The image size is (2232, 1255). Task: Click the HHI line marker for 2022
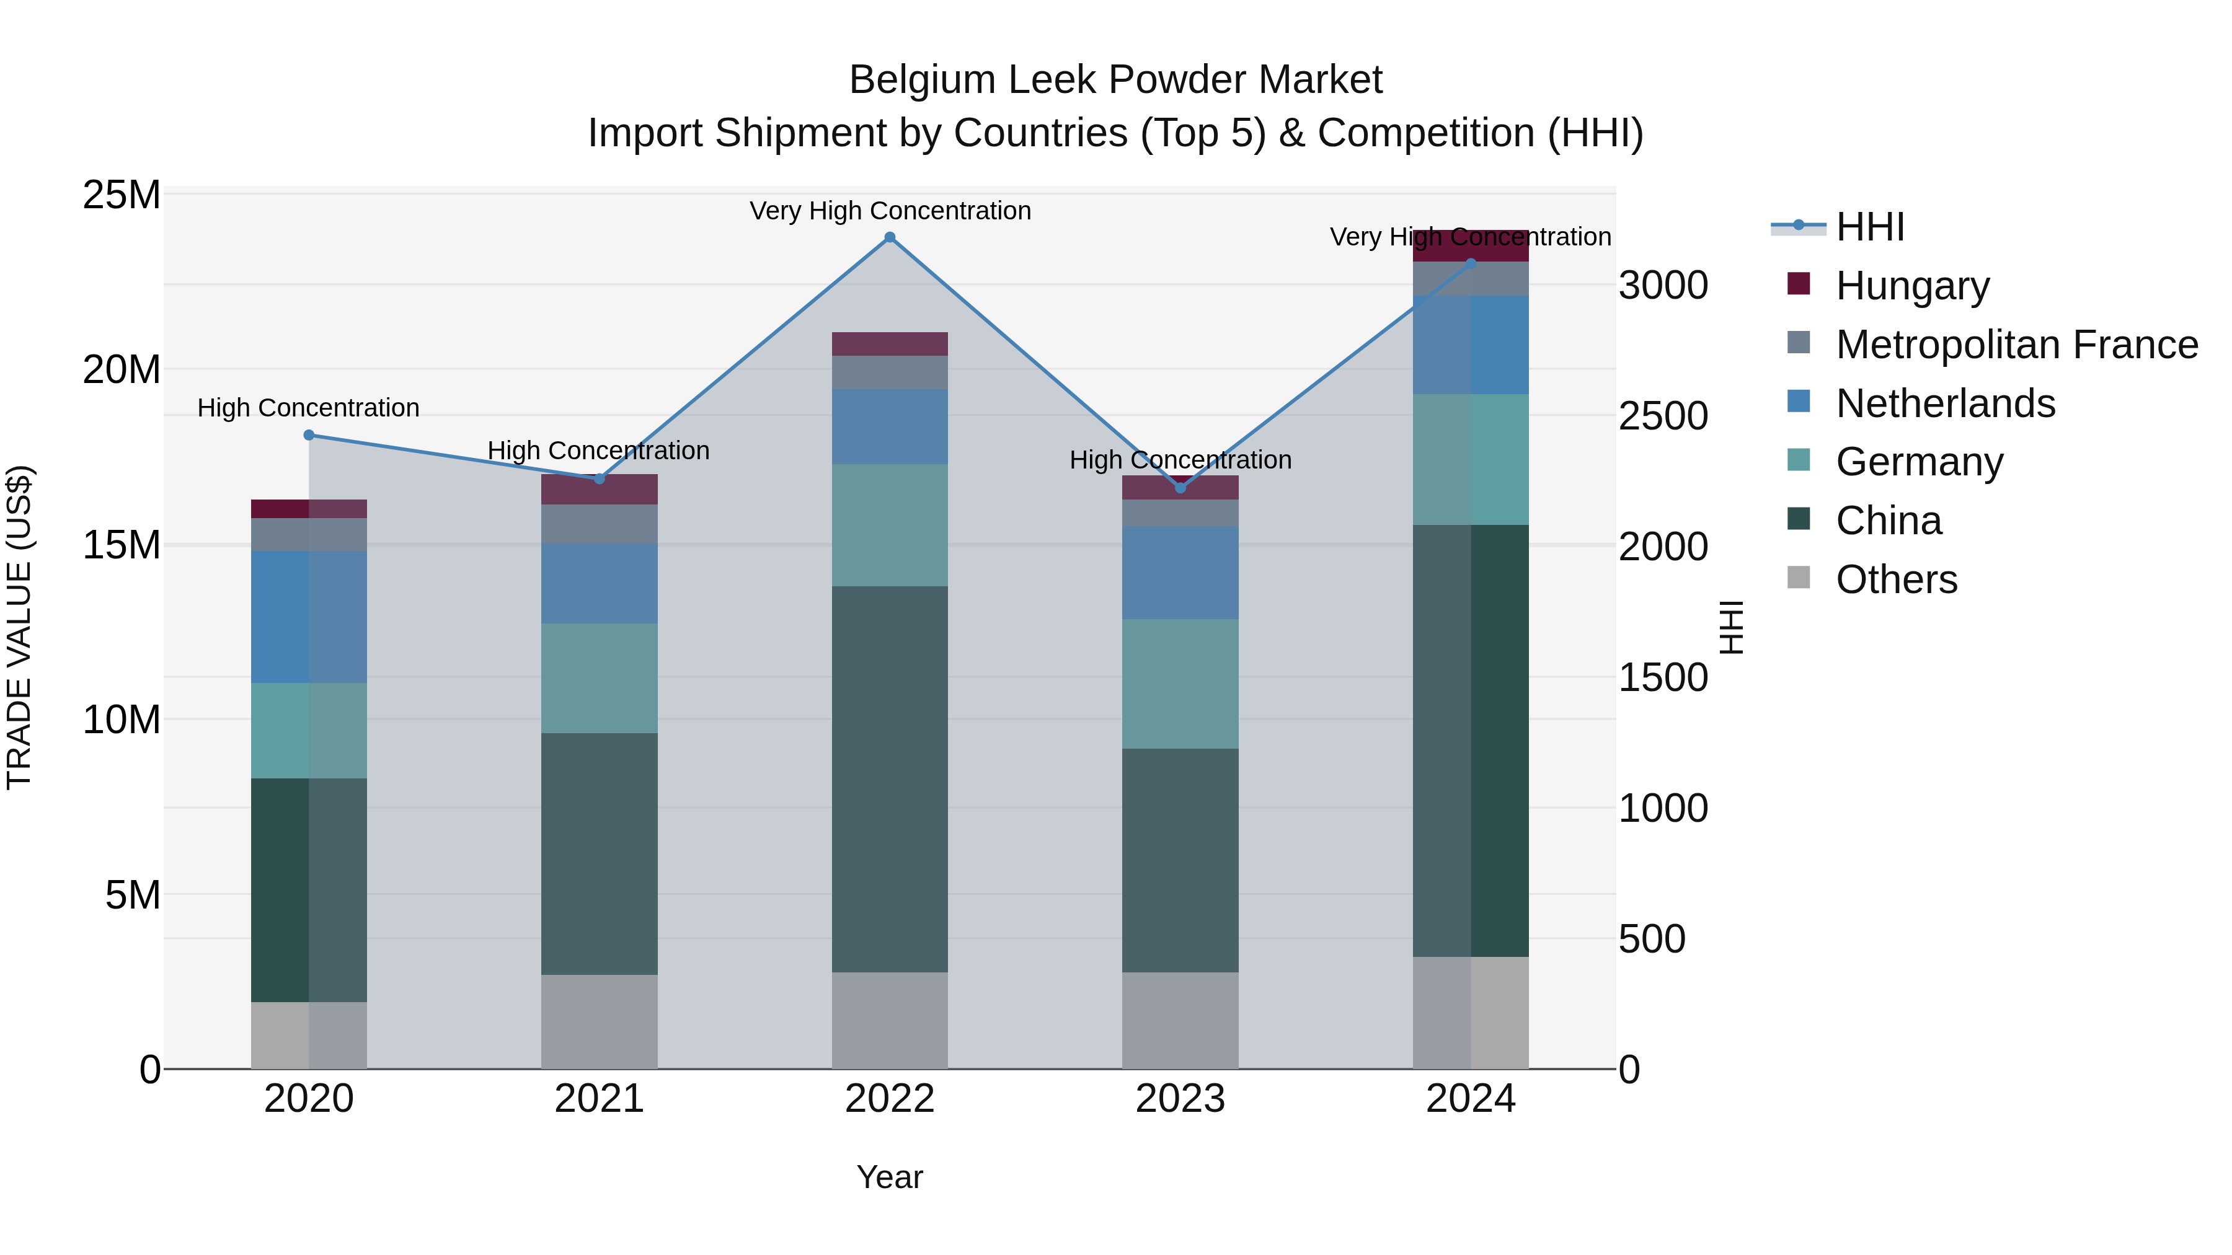pyautogui.click(x=889, y=237)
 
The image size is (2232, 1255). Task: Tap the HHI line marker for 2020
pyautogui.click(x=309, y=435)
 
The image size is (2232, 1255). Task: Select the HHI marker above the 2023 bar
pyautogui.click(x=1180, y=488)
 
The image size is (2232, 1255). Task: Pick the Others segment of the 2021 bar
pyautogui.click(x=599, y=1021)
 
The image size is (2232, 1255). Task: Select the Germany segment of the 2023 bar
pyautogui.click(x=1180, y=684)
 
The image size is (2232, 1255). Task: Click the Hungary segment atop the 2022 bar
pyautogui.click(x=889, y=344)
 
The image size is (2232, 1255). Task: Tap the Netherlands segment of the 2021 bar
pyautogui.click(x=599, y=583)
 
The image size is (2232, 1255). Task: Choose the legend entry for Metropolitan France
pyautogui.click(x=2016, y=345)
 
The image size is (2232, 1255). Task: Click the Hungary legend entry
pyautogui.click(x=1912, y=286)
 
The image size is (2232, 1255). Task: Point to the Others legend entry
pyautogui.click(x=1896, y=579)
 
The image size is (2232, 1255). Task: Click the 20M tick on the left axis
pyautogui.click(x=122, y=370)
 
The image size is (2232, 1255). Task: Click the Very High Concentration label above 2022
pyautogui.click(x=889, y=211)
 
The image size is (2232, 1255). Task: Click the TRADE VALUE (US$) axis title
pyautogui.click(x=19, y=627)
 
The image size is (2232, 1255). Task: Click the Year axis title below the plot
pyautogui.click(x=889, y=1177)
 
